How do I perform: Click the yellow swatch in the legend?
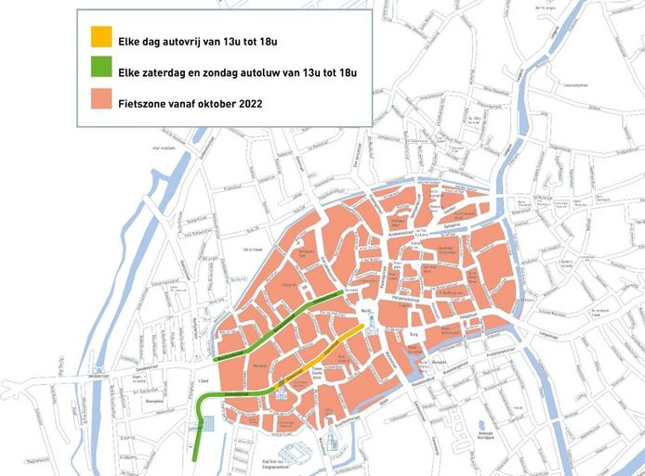[100, 39]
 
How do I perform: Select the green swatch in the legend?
[100, 71]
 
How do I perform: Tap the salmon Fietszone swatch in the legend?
[100, 103]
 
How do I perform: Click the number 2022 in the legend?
[247, 103]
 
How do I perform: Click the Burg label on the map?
[413, 330]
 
